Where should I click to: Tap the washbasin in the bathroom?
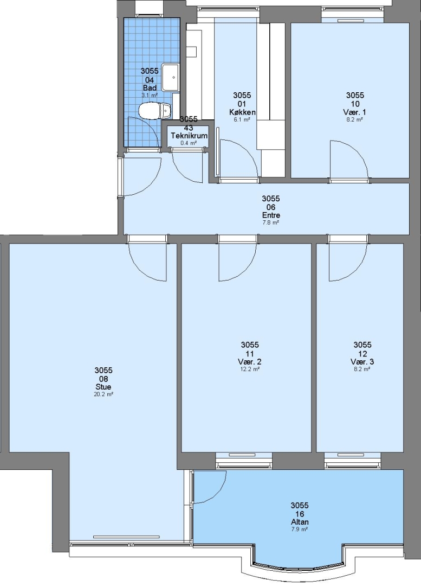172,78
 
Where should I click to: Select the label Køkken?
242,112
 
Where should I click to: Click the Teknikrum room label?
189,136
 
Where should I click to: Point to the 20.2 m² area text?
103,394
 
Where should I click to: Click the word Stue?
103,387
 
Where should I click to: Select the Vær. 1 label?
354,112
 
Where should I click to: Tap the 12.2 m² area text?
250,369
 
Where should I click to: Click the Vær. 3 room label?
362,362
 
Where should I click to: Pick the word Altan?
300,522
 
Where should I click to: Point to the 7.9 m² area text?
300,529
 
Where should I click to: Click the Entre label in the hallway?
271,215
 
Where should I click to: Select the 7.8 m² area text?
271,222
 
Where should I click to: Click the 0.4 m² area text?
189,143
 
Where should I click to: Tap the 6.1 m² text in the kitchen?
242,119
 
